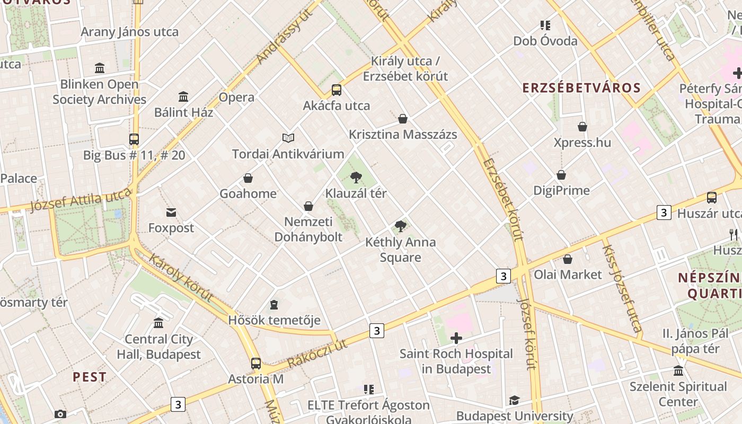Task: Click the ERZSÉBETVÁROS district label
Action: pyautogui.click(x=581, y=88)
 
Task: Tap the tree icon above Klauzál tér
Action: pyautogui.click(x=356, y=178)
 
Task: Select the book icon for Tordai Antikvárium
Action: pyautogui.click(x=288, y=138)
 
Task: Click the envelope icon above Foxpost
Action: pyautogui.click(x=171, y=213)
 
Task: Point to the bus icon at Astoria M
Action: pyautogui.click(x=256, y=364)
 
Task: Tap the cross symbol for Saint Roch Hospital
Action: pyautogui.click(x=456, y=338)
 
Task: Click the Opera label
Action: pyautogui.click(x=236, y=98)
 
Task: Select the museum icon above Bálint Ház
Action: pyautogui.click(x=183, y=97)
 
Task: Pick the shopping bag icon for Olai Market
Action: pyautogui.click(x=568, y=259)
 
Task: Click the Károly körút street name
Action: pyautogui.click(x=181, y=277)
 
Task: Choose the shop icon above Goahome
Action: pyautogui.click(x=248, y=178)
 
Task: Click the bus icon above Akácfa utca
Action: pyautogui.click(x=337, y=90)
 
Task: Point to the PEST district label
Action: pyautogui.click(x=90, y=377)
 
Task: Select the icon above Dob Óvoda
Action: pyautogui.click(x=545, y=25)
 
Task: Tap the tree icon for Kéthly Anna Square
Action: pyautogui.click(x=401, y=227)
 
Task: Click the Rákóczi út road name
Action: pyautogui.click(x=317, y=354)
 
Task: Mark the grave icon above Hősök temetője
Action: pyautogui.click(x=274, y=305)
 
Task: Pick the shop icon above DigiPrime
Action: pyautogui.click(x=561, y=175)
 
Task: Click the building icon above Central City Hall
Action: pyautogui.click(x=158, y=323)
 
